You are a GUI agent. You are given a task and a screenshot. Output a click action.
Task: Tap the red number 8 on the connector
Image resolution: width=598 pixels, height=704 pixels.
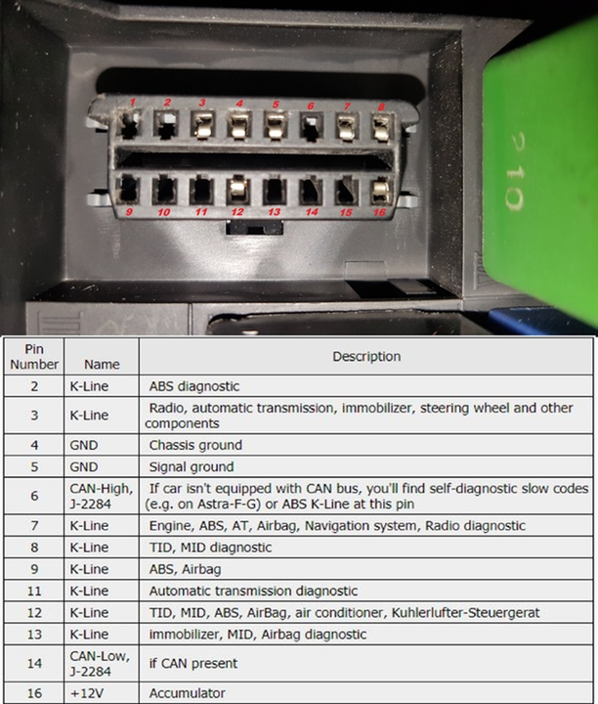tap(382, 107)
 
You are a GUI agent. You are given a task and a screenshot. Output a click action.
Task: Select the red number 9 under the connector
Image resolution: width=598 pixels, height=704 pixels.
tap(129, 210)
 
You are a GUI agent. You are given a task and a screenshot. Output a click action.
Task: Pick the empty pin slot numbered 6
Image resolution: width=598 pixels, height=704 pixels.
tap(312, 126)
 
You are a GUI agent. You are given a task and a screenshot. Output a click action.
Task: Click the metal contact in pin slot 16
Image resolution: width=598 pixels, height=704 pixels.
tap(381, 189)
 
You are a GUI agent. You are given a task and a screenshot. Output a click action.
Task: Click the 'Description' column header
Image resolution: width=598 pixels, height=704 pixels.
tap(366, 357)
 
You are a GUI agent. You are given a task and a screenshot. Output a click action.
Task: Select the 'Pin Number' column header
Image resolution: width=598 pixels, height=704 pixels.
tap(34, 356)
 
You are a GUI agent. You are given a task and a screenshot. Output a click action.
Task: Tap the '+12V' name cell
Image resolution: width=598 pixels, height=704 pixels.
tap(103, 693)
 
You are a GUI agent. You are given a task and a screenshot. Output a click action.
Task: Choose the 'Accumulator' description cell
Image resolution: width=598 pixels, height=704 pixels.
tap(187, 693)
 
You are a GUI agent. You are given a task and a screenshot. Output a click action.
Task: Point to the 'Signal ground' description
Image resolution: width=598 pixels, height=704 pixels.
tap(191, 466)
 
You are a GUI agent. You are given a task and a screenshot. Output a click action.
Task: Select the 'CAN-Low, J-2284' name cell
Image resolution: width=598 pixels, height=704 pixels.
tap(103, 664)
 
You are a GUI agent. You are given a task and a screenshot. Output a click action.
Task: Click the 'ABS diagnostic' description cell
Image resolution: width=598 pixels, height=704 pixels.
tap(193, 386)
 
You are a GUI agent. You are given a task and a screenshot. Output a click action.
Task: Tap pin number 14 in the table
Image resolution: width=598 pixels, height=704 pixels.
tap(34, 664)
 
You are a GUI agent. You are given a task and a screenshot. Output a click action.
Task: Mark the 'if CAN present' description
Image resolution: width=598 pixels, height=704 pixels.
tap(193, 664)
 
